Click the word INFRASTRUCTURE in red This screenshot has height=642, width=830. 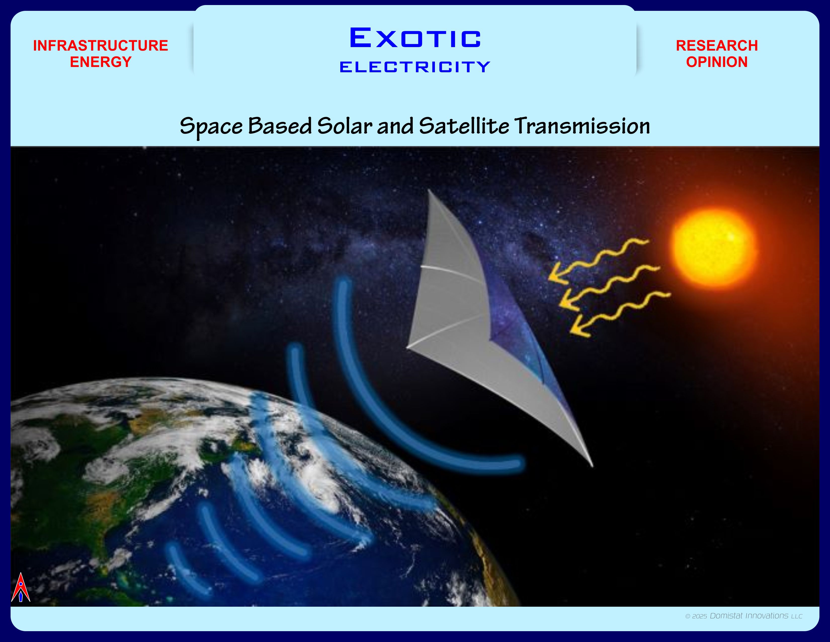point(101,46)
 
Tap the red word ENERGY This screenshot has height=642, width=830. point(101,62)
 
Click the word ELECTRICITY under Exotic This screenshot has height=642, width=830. point(415,67)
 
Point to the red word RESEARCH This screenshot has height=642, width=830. point(717,46)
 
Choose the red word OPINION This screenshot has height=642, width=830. point(717,62)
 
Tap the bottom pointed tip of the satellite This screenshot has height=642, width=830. point(592,466)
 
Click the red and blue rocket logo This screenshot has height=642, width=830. point(21,588)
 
